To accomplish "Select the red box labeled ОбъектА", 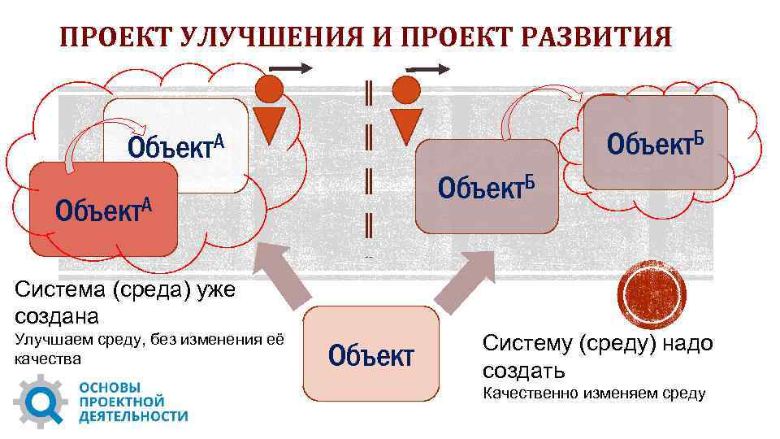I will coord(103,209).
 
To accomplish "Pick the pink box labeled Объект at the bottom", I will coord(370,354).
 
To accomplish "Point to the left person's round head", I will coord(269,89).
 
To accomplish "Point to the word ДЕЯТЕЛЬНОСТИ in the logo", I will coord(133,416).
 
